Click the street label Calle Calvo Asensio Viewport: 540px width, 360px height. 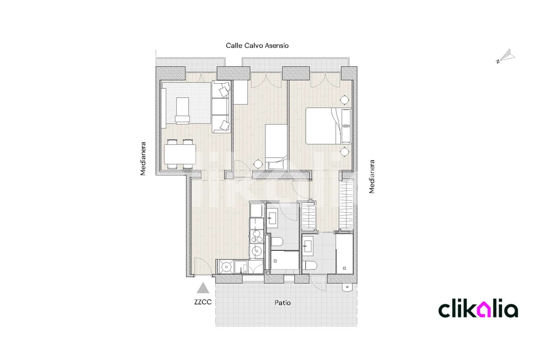coord(257,46)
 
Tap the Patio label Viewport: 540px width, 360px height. coord(282,303)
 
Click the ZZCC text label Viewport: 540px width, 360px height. coord(203,302)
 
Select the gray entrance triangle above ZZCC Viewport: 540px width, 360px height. coord(203,288)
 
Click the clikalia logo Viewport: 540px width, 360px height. coord(478,310)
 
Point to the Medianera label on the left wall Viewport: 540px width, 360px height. coord(143,159)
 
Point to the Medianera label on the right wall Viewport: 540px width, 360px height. coord(372,177)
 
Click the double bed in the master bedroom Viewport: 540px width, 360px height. coord(328,126)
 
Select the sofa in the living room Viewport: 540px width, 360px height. coord(221,107)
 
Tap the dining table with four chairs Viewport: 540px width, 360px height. coord(180,154)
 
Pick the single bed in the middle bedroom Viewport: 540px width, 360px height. coord(276,146)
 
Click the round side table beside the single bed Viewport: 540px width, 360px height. coord(258,164)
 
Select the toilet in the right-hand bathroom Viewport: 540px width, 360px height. coord(309,265)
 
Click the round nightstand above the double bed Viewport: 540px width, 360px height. coord(344,100)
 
